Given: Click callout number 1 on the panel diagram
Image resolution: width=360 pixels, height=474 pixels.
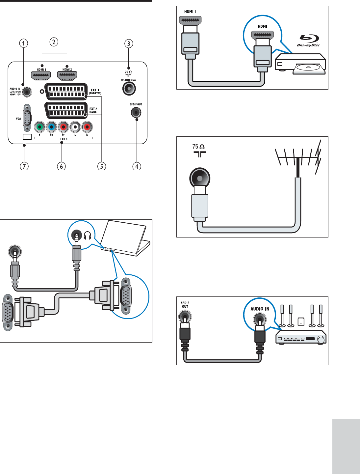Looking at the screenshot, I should pos(23,43).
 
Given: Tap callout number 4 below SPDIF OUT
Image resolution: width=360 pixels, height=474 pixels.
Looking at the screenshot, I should pos(137,166).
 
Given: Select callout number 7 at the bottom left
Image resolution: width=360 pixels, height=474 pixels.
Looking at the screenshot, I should pos(24,166).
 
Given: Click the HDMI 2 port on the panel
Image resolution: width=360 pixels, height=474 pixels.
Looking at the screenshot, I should pos(67,76).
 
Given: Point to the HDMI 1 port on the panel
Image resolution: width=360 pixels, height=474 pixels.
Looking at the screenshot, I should pos(40,76).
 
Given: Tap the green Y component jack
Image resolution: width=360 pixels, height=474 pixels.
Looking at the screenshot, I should pos(39,126).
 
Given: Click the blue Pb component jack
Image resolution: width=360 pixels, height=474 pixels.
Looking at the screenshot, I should pos(51,126).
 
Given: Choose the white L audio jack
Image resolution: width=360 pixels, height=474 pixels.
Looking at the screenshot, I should pos(75,126).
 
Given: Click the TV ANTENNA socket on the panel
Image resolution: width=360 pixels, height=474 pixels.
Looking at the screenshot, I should pos(129,88).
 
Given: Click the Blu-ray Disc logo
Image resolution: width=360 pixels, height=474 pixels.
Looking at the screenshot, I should pos(308,41).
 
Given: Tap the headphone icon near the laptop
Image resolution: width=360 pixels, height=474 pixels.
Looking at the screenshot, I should pos(87,236).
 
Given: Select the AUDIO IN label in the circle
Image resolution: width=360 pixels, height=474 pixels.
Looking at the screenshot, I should pos(260,309).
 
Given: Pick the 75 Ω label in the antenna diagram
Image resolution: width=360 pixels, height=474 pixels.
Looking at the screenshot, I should pos(198,147).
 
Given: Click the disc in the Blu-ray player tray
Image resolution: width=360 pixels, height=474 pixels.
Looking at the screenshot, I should pos(308,68).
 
